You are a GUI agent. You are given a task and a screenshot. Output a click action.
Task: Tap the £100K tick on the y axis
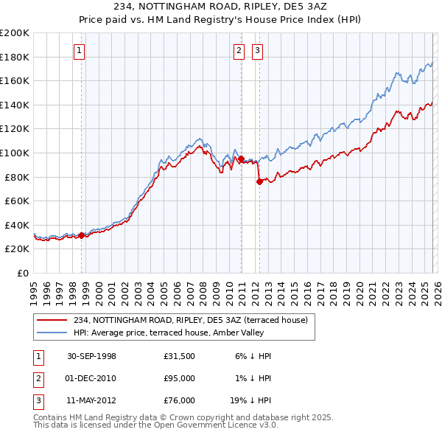(15, 153)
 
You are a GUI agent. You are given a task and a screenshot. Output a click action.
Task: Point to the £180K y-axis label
(15, 57)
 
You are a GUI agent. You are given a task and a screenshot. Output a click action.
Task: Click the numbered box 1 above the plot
(79, 51)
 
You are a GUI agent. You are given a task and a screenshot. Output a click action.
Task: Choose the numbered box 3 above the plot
(257, 51)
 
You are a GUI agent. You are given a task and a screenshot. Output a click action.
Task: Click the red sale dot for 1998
(82, 235)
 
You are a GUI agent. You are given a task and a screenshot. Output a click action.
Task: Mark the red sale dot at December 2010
(241, 159)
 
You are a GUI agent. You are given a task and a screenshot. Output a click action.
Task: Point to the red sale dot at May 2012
(259, 181)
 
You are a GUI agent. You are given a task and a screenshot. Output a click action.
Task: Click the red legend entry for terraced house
(194, 319)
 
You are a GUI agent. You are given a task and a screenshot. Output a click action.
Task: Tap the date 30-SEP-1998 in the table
(91, 356)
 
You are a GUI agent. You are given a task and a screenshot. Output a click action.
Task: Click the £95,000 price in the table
(179, 378)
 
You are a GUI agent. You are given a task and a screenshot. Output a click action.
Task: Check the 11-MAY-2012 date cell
(91, 400)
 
